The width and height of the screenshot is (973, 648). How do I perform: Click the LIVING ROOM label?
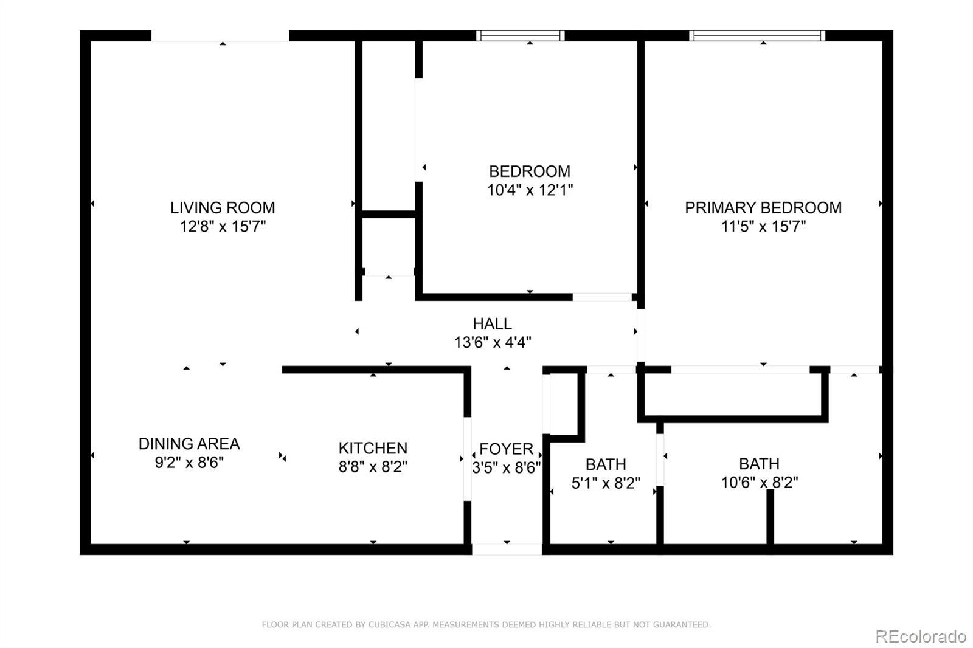[223, 208]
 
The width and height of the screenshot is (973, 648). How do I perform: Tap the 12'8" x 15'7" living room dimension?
[223, 226]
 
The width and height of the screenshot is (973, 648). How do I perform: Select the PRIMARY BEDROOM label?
[763, 208]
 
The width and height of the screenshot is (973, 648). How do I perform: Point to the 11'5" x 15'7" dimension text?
[764, 226]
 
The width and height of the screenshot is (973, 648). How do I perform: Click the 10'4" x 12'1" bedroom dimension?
[530, 190]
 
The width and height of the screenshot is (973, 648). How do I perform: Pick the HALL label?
[492, 323]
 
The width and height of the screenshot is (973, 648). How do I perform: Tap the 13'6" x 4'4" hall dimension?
[493, 342]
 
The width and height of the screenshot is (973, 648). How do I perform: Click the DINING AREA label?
[189, 443]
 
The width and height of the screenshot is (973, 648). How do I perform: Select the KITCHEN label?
[373, 448]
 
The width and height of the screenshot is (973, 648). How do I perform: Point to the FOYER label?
[506, 449]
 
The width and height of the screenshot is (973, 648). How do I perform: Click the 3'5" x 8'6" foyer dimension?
[507, 467]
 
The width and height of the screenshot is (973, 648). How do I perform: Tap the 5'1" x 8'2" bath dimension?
[606, 483]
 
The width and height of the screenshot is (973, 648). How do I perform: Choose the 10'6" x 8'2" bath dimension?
[760, 482]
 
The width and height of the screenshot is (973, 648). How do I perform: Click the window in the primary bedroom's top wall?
[757, 36]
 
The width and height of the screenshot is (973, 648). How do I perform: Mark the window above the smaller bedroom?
[521, 36]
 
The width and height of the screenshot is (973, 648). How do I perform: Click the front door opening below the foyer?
[507, 549]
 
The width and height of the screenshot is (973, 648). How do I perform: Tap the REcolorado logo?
[921, 636]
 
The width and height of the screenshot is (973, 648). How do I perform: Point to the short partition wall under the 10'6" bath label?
[770, 517]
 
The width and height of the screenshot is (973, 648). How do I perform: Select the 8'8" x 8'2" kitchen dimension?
[373, 466]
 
